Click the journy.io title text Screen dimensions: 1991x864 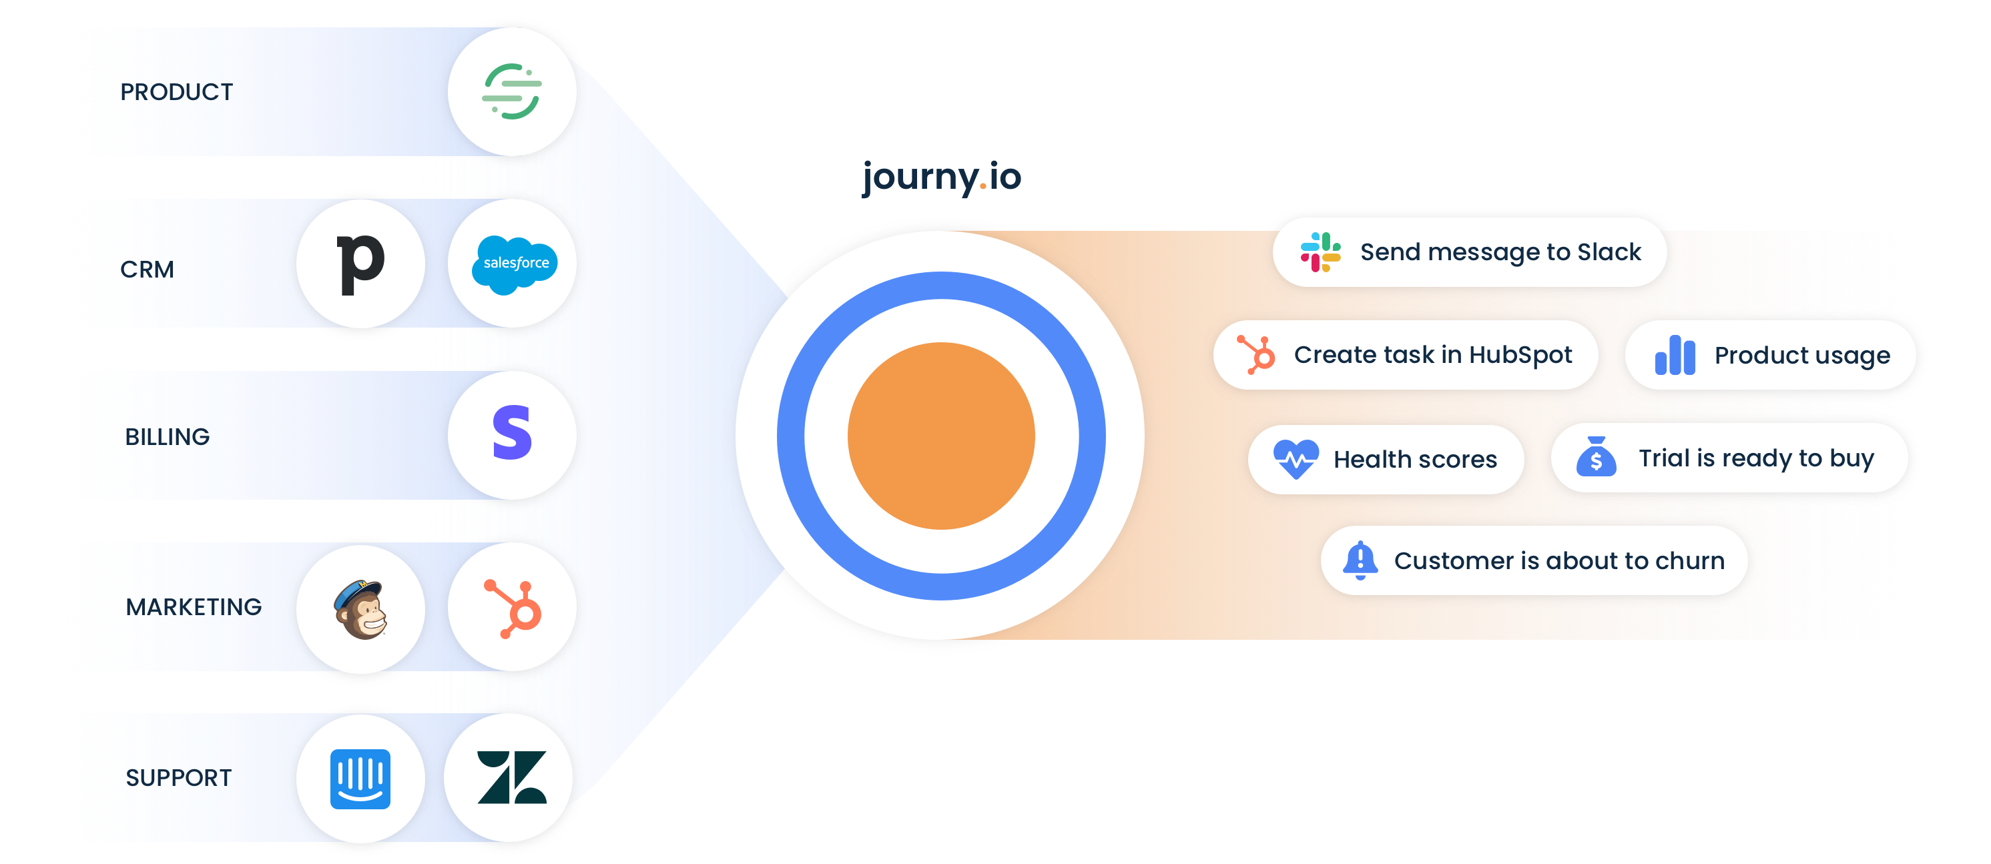pyautogui.click(x=941, y=177)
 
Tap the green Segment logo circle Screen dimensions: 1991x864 pyautogui.click(x=512, y=92)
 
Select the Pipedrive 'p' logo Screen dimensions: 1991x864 pyautogui.click(x=360, y=264)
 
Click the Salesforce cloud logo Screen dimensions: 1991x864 pyautogui.click(x=514, y=264)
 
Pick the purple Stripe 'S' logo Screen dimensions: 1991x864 pyautogui.click(x=513, y=434)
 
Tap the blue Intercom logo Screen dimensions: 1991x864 pyautogui.click(x=360, y=778)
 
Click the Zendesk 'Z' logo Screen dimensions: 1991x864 pyautogui.click(x=511, y=777)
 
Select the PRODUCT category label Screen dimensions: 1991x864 pyautogui.click(x=176, y=93)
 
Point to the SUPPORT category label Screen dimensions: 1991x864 pyautogui.click(x=178, y=778)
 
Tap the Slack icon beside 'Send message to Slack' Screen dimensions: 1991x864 pyautogui.click(x=1320, y=252)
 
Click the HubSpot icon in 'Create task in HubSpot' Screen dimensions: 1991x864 pyautogui.click(x=1256, y=355)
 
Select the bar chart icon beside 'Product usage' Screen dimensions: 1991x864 pyautogui.click(x=1674, y=356)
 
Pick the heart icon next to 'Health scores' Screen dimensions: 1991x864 pyautogui.click(x=1296, y=459)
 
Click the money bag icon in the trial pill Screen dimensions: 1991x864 pyautogui.click(x=1596, y=457)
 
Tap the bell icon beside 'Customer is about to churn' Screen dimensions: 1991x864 pyautogui.click(x=1360, y=560)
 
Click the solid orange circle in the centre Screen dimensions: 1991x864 pyautogui.click(x=940, y=436)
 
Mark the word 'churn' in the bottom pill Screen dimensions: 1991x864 pyautogui.click(x=1689, y=561)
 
